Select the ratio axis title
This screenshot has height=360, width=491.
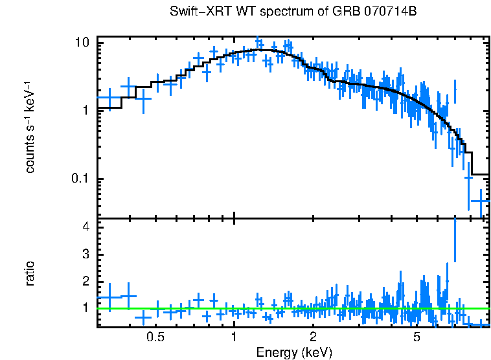coord(30,273)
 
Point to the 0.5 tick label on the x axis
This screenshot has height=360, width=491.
coord(155,337)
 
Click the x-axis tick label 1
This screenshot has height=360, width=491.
coord(234,337)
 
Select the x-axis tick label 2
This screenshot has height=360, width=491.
coord(313,337)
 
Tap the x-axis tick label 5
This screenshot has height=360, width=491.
coord(417,337)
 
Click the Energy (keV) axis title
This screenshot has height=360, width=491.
coord(294,352)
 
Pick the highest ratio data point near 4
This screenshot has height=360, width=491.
coord(455,240)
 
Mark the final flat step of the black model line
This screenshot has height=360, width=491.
coord(480,174)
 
